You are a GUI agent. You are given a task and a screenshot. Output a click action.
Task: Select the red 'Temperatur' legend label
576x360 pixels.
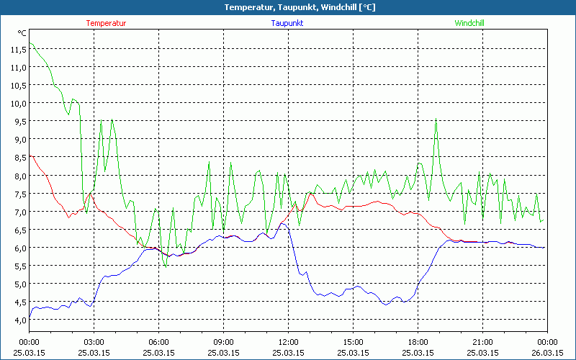pos(106,23)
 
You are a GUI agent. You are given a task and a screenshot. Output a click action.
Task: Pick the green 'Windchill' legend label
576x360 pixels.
pos(469,23)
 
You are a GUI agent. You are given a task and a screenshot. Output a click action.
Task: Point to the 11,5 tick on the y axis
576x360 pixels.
pos(18,50)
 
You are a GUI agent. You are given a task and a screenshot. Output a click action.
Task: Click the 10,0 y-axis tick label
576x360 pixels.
pos(18,104)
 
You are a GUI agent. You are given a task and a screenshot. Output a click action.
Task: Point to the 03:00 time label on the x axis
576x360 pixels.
pos(94,341)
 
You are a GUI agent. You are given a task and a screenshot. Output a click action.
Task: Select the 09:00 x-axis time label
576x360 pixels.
pos(223,341)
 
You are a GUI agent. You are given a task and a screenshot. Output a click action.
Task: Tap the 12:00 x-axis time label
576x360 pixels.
pos(288,341)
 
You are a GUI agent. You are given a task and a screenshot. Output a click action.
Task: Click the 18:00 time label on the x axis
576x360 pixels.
pos(418,341)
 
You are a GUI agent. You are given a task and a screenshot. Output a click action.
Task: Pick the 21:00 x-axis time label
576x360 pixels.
pos(482,341)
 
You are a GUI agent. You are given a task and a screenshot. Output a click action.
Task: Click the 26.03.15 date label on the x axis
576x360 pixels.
pos(547,353)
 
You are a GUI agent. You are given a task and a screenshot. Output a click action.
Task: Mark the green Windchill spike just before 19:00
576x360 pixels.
pos(436,120)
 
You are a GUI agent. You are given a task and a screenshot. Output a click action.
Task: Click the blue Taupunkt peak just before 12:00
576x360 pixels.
pos(282,223)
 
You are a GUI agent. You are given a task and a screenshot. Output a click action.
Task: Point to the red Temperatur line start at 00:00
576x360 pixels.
pos(30,155)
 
